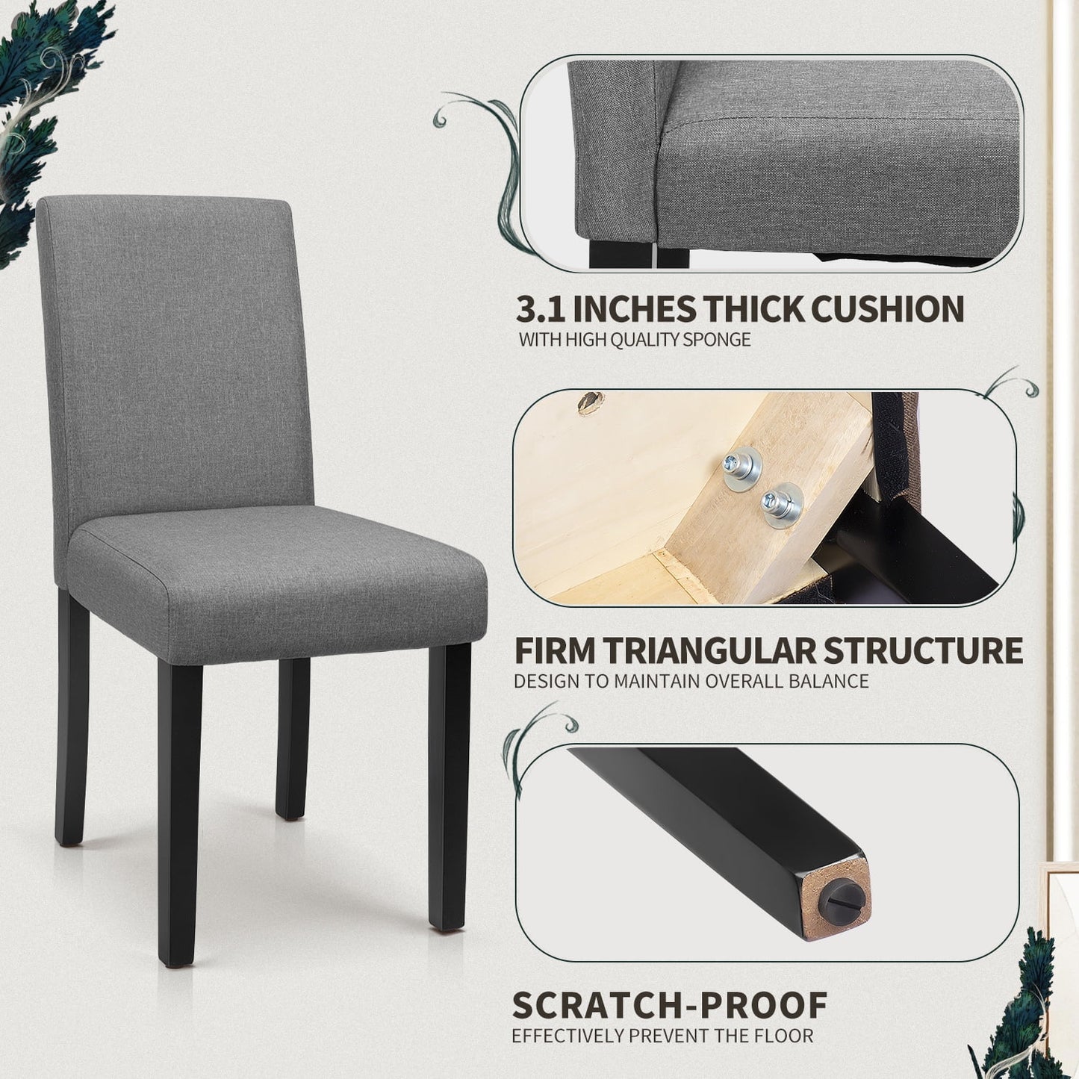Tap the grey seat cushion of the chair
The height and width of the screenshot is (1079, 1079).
coord(277,582)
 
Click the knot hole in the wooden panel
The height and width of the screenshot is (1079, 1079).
coord(590,402)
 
